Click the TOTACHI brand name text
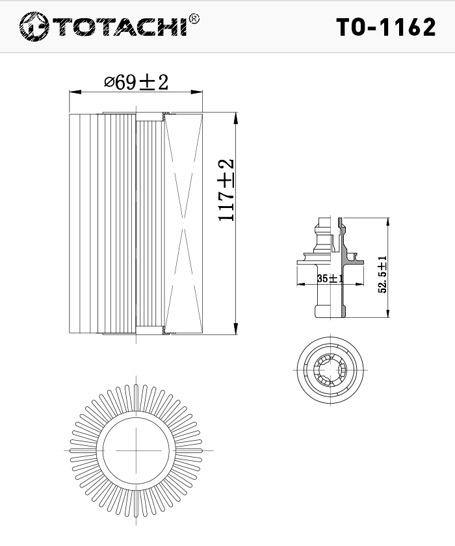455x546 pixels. (120, 27)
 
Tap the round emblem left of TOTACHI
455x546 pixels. (34, 27)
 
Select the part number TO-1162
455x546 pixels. (385, 27)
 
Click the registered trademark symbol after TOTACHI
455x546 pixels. (194, 18)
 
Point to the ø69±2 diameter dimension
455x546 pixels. (136, 82)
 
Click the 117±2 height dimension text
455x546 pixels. (226, 190)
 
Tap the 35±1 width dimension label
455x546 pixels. (330, 278)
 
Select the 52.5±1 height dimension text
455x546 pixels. (383, 274)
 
